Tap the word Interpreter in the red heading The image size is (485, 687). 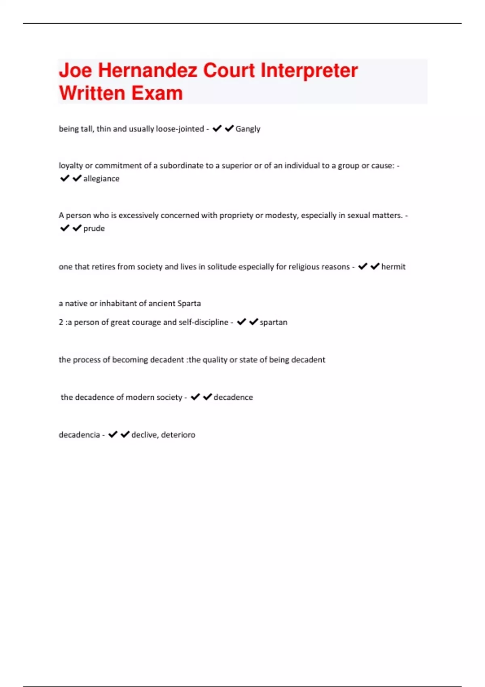[309, 70]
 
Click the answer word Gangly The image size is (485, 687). [248, 129]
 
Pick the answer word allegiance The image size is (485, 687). [101, 179]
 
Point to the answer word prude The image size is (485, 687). [94, 228]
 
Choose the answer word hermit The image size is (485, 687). [393, 267]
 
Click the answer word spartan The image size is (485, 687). [273, 322]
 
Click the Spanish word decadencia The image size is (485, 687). [79, 435]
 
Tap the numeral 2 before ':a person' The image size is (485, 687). [61, 322]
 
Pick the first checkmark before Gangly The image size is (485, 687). [217, 129]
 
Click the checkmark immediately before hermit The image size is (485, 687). [375, 266]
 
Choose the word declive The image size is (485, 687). [144, 435]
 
